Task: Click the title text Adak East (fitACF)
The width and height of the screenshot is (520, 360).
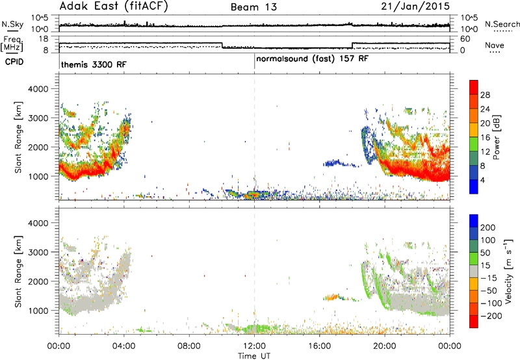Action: coord(114,6)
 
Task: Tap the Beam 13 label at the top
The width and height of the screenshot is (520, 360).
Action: coord(253,7)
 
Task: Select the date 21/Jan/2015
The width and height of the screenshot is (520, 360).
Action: coord(415,6)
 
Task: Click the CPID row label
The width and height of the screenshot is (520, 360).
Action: coord(14,62)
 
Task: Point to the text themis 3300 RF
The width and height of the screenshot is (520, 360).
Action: coord(94,64)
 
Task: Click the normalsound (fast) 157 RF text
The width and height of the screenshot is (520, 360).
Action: coord(312,59)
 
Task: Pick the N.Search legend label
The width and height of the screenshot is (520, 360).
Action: coord(502,24)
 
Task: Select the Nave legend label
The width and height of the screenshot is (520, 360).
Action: coord(495,45)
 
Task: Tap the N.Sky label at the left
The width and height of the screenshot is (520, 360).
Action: coord(12,24)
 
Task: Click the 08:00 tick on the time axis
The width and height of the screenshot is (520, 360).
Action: coord(189,346)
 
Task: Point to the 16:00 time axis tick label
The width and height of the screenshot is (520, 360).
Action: coord(319,346)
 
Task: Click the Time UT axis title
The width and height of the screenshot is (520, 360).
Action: coord(254,356)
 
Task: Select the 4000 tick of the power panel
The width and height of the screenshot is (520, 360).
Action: coord(38,89)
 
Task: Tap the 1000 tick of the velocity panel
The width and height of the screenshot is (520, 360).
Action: coord(38,311)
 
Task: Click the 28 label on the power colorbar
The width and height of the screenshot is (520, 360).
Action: coord(485,95)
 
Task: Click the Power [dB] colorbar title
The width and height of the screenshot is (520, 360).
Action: coord(497,137)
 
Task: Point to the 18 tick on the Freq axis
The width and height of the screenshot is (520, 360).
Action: coord(44,39)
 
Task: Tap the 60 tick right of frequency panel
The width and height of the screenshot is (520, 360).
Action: coord(465,39)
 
